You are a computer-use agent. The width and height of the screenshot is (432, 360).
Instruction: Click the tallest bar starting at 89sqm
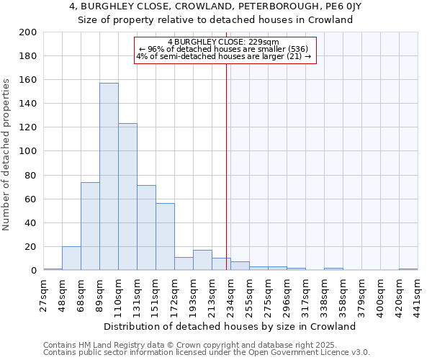point(109,176)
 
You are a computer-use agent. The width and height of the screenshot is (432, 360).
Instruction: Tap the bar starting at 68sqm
point(90,226)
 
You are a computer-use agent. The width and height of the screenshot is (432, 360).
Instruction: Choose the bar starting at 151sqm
point(165,237)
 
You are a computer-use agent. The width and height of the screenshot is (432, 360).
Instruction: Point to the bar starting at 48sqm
point(71,258)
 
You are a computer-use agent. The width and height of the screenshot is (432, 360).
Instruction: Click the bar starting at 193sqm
point(202,260)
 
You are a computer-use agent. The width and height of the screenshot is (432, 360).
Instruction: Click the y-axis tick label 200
point(28,32)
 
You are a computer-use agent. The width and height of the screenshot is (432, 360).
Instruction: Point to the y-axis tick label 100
point(28,151)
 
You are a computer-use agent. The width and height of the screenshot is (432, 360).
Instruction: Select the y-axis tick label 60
point(31,199)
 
